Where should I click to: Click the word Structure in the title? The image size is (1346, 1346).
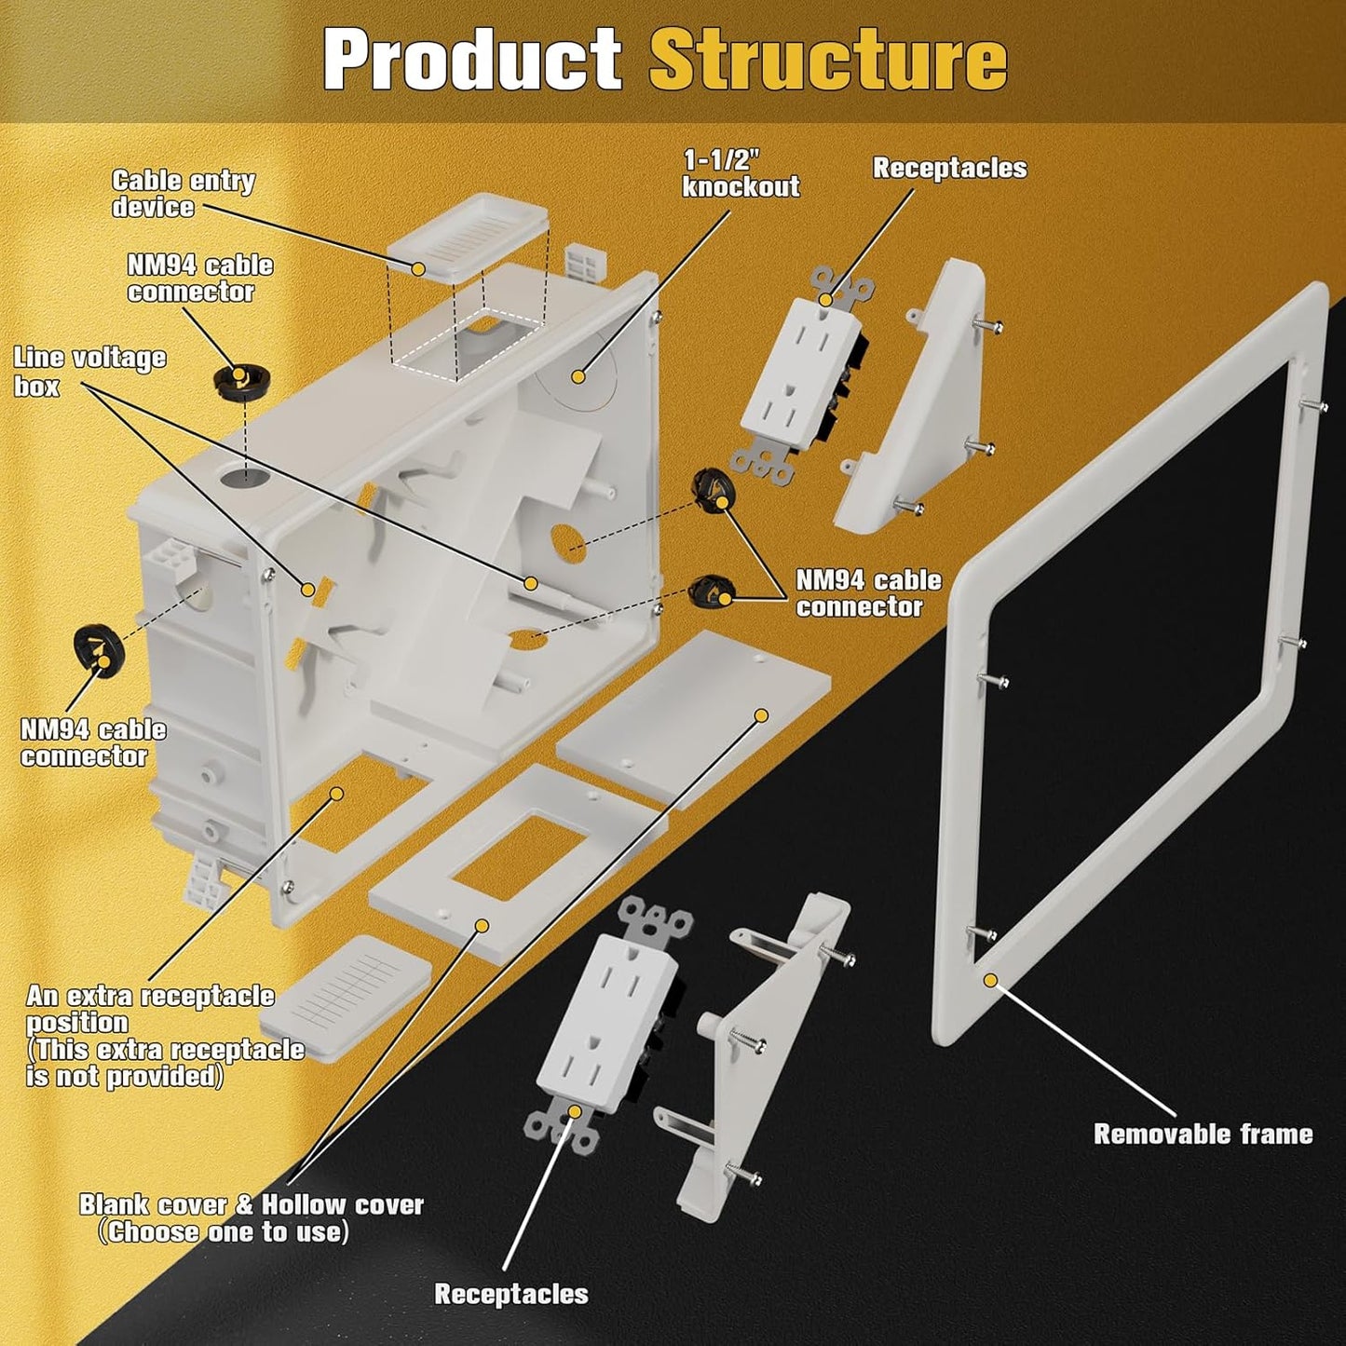[x=827, y=60]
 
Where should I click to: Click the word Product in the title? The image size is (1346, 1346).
[x=472, y=60]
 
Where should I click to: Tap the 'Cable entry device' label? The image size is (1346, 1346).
[x=183, y=194]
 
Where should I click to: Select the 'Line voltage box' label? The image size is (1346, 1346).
[x=89, y=372]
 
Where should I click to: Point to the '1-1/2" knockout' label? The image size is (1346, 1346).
[x=741, y=173]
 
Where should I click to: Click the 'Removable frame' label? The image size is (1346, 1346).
[x=1203, y=1134]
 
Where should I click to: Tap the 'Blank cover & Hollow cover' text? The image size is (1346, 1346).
[x=251, y=1205]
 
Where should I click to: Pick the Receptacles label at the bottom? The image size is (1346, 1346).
[x=511, y=1294]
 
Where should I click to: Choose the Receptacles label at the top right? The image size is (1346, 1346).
[x=949, y=169]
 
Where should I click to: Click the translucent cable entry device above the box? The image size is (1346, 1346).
[x=466, y=235]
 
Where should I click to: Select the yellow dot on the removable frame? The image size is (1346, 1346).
[x=989, y=979]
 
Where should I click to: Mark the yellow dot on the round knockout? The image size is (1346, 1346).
[x=578, y=376]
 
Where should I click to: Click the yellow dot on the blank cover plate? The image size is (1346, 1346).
[x=761, y=715]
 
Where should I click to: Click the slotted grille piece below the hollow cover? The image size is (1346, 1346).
[x=347, y=996]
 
